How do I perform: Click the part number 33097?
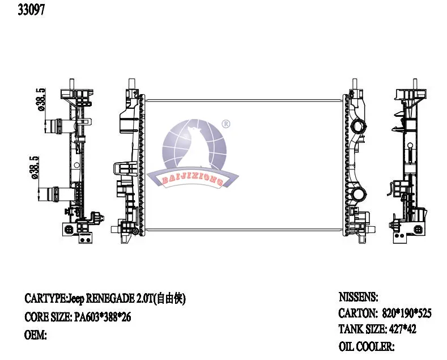click(x=31, y=10)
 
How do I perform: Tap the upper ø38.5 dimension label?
click(x=40, y=99)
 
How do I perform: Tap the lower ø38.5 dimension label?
click(x=34, y=167)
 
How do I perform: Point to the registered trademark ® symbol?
click(x=226, y=124)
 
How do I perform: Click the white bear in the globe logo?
click(x=194, y=149)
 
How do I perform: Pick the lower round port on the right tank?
click(x=358, y=194)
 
